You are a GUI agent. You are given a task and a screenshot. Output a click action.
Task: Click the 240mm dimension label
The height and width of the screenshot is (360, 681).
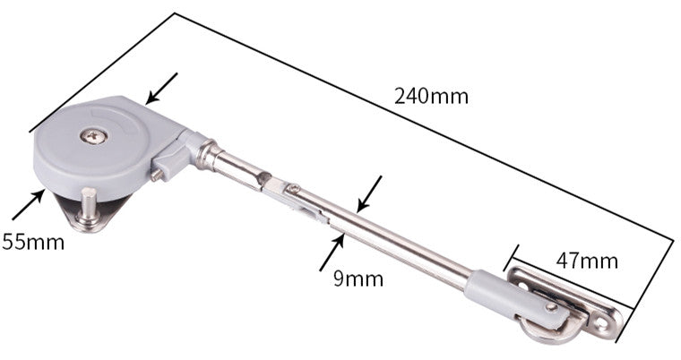[x=431, y=97]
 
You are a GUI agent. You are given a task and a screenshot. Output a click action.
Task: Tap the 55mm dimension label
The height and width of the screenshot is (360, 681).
[x=33, y=242]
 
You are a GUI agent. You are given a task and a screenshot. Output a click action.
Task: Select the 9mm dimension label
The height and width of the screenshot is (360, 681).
[x=358, y=279]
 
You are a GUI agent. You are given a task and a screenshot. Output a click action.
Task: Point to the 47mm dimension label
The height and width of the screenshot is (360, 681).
[x=587, y=261]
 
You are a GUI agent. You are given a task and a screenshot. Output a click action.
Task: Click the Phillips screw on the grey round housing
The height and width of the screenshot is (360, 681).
[x=94, y=136]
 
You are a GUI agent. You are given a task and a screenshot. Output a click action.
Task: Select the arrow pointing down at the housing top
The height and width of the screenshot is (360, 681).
[x=161, y=89]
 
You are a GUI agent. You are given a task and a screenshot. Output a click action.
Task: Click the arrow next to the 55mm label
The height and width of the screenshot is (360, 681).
[x=29, y=204]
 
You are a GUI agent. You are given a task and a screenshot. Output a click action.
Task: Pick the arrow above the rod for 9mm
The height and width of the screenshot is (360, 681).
[x=369, y=194]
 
